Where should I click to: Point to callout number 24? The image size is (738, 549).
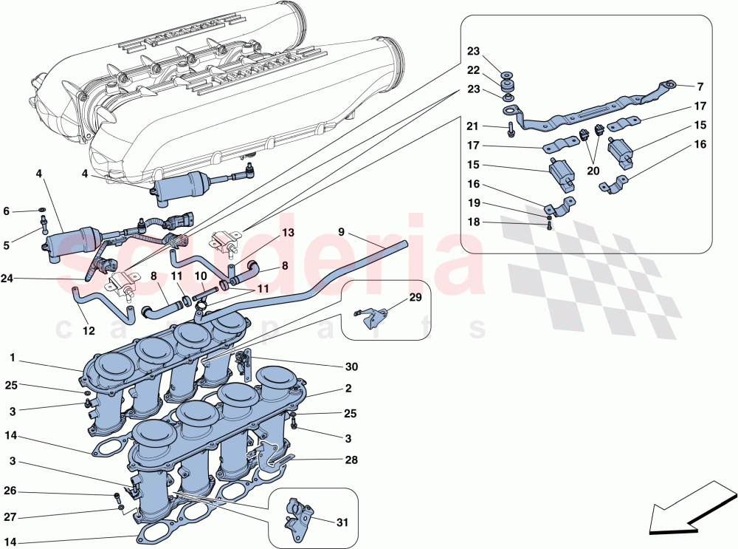tap(7, 279)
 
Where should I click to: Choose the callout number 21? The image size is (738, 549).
tap(473, 126)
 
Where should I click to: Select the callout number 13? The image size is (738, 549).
tap(287, 233)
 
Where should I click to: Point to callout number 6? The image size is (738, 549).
tap(7, 211)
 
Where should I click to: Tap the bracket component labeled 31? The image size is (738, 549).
tap(298, 513)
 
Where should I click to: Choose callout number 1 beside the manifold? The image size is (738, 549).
tap(13, 357)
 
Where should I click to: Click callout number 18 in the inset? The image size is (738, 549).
tap(473, 221)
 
